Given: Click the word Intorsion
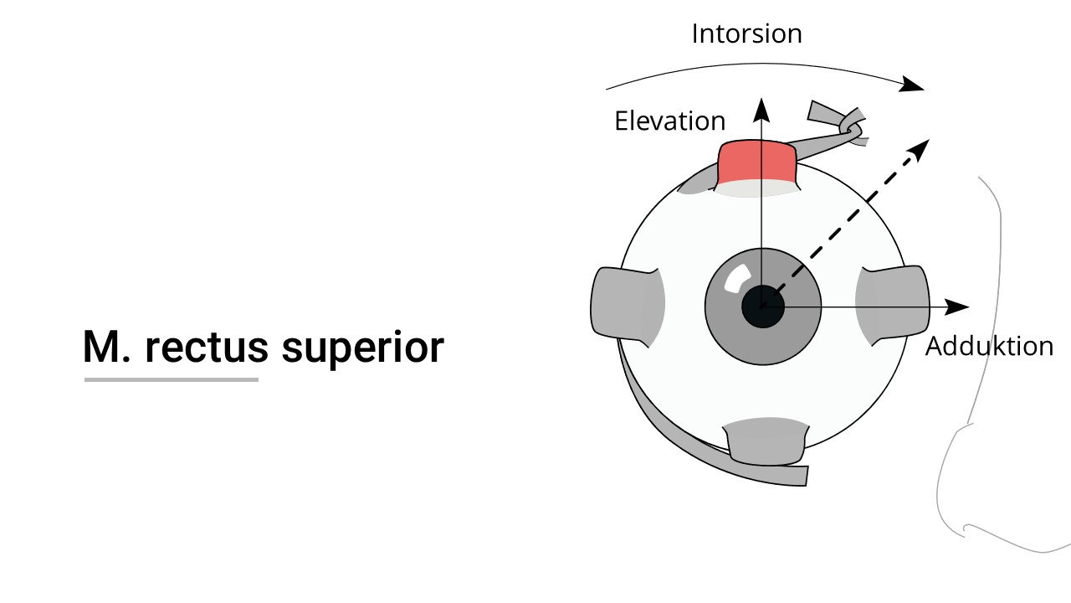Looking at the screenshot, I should [746, 33].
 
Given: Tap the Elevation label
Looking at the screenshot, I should [669, 121].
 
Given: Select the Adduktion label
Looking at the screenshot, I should [989, 346].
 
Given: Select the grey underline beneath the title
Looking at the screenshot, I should [171, 380].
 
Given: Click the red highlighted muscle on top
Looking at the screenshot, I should [758, 162].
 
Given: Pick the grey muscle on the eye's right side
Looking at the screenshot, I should [894, 305].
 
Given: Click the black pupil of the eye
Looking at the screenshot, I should [762, 307].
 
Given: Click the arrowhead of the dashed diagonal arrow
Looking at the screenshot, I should [920, 148].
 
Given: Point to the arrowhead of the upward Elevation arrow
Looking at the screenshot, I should [761, 107].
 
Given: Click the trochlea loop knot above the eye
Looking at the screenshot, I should [851, 127].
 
